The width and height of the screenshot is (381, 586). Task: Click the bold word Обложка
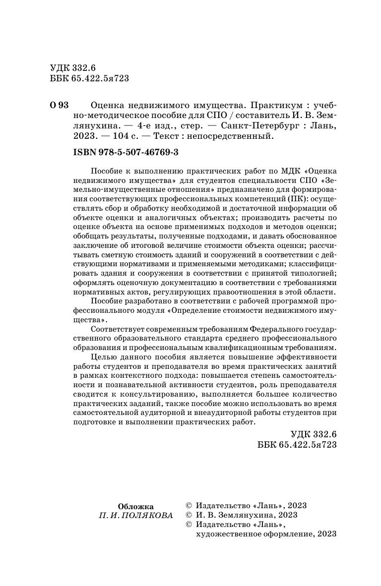click(135, 506)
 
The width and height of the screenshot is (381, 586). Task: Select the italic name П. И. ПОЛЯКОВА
click(135, 515)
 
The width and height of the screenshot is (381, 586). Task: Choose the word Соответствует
click(121, 328)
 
